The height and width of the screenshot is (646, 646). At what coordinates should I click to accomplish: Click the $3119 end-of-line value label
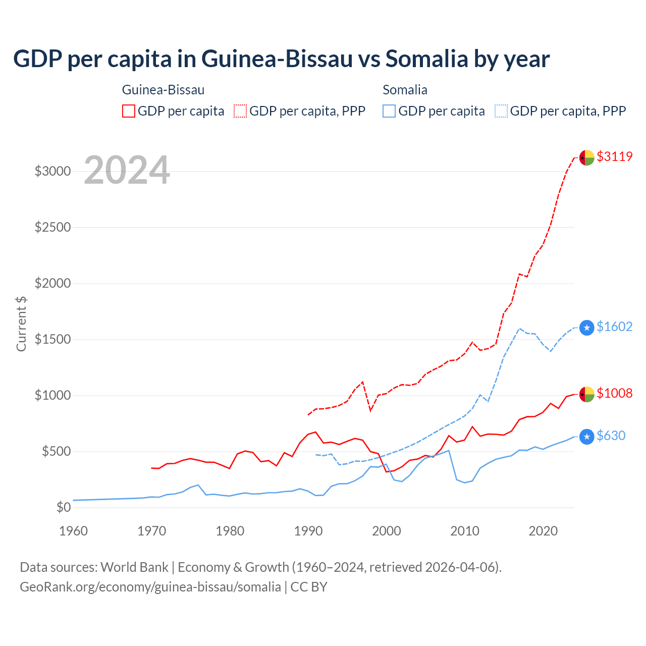click(x=614, y=156)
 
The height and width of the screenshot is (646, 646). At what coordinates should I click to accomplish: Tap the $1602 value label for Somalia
click(x=614, y=327)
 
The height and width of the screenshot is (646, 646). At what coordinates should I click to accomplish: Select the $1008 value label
click(x=614, y=393)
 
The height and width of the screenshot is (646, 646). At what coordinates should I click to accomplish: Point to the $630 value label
click(x=611, y=436)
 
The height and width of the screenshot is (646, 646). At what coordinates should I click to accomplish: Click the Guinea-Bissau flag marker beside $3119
click(x=586, y=157)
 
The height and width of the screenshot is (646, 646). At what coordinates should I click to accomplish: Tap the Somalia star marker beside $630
click(x=586, y=437)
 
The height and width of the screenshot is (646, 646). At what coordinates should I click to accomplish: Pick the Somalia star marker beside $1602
click(x=586, y=328)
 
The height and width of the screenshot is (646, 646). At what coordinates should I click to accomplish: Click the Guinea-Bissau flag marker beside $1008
click(x=586, y=394)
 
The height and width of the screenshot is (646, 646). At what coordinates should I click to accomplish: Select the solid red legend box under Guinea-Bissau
click(x=129, y=111)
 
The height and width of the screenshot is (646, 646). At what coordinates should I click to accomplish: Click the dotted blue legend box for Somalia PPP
click(x=501, y=111)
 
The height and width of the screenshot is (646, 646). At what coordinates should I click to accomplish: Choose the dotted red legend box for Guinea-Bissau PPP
click(x=240, y=111)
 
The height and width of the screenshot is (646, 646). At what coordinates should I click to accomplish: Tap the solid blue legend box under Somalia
click(x=389, y=111)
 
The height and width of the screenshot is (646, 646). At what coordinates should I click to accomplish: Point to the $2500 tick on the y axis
click(x=52, y=227)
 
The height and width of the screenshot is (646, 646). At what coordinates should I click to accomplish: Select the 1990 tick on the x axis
click(x=308, y=531)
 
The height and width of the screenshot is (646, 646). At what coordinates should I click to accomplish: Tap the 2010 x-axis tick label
click(x=465, y=531)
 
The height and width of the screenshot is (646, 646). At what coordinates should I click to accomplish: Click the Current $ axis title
click(x=21, y=324)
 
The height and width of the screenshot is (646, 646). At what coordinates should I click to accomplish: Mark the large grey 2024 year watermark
click(x=127, y=170)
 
